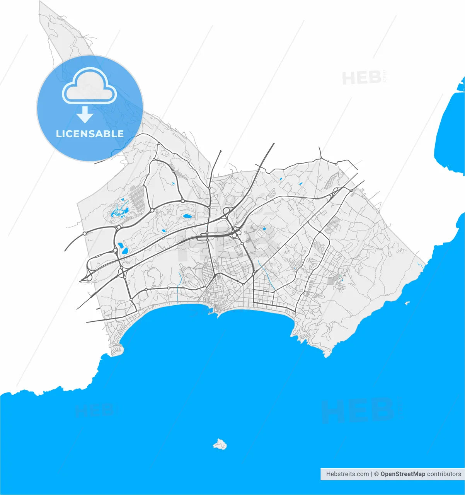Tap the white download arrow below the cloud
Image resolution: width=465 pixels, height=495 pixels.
pos(85,115)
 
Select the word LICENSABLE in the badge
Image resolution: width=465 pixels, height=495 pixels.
pos(90,134)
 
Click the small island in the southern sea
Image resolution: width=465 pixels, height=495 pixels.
pos(220,444)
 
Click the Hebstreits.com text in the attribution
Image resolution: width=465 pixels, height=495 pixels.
pos(347,474)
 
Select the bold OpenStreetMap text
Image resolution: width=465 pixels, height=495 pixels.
pos(402,474)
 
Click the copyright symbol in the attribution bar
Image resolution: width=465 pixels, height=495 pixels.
pos(375,474)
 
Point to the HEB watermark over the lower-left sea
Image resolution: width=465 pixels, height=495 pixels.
pos(95,411)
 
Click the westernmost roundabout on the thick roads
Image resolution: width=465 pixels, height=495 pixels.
pos(85,234)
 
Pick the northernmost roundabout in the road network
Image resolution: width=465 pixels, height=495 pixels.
pos(158,144)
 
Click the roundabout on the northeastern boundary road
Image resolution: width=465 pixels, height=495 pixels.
pos(336,164)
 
